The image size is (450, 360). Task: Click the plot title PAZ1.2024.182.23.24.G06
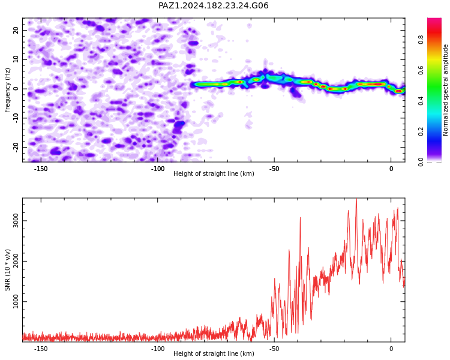pos(214,5)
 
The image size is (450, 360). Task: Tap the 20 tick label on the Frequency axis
pos(16,30)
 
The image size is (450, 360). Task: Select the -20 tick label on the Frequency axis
pos(16,147)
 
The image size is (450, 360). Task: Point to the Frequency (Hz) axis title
pos(7,90)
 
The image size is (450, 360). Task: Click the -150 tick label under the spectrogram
pos(41,169)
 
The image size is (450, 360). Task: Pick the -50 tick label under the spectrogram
pos(274,169)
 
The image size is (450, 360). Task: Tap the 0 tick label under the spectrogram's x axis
pos(391,169)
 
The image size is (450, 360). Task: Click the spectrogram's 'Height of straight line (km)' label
pos(214,173)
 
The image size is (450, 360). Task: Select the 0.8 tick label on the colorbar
pos(421,40)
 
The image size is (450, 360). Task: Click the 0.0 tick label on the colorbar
pos(421,162)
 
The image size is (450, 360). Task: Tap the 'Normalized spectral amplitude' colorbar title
pos(445,90)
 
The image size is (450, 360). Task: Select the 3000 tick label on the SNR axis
pos(16,221)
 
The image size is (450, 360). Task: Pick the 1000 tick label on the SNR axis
pos(16,301)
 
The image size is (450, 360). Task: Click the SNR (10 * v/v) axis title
pos(7,270)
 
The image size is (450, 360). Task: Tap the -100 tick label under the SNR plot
pos(158,349)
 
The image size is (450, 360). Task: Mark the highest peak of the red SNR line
pos(356,199)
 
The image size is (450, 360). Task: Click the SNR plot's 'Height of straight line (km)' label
pos(214,353)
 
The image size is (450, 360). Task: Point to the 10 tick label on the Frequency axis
pos(16,59)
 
